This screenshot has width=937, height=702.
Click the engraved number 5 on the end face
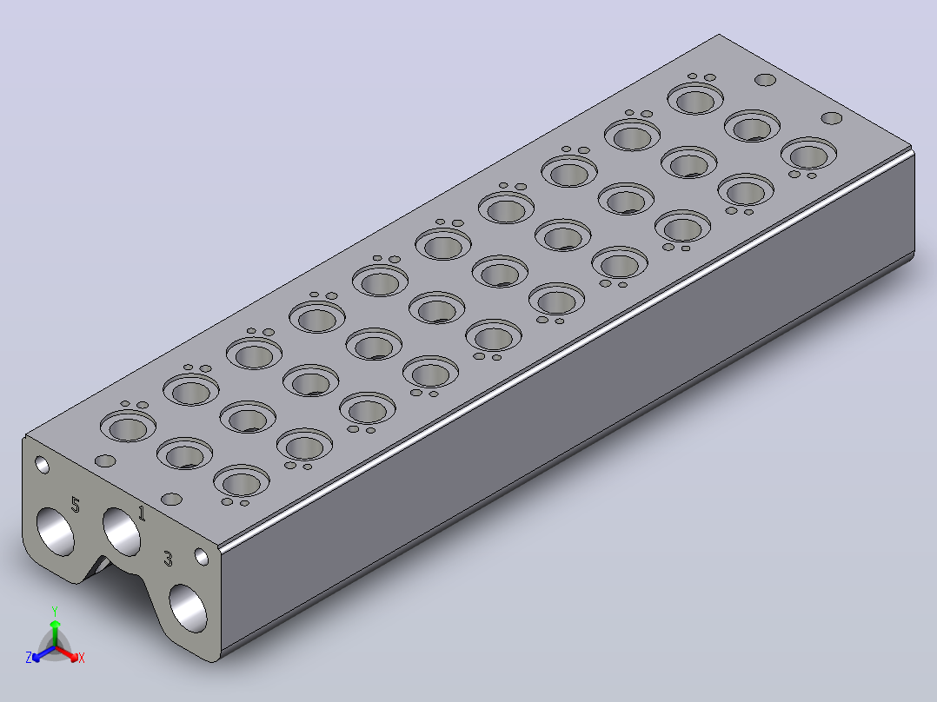point(76,504)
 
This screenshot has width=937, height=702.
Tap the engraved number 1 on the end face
point(142,513)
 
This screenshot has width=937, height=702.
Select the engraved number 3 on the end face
point(169,560)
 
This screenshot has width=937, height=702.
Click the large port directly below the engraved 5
point(56,531)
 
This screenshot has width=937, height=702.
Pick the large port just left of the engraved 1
point(122,531)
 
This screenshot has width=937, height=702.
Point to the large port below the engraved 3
point(189,608)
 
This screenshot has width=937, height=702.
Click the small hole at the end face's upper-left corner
point(43,465)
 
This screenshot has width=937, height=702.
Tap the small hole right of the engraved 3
point(202,558)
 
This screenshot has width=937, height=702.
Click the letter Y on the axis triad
point(55,611)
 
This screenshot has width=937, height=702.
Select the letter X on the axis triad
point(82,658)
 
